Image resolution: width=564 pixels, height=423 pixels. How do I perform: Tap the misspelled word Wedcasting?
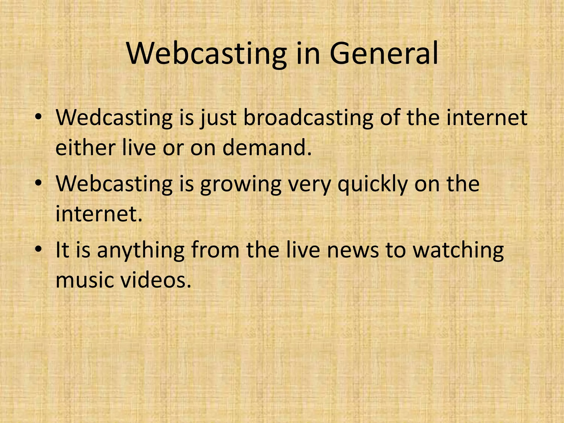(114, 118)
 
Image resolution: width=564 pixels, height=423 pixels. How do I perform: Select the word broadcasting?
(308, 118)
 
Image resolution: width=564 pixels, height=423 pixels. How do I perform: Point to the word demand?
(267, 147)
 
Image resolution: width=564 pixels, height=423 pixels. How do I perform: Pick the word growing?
(240, 184)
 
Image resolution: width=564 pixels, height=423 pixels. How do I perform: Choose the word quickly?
(372, 184)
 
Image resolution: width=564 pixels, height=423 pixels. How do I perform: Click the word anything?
(140, 250)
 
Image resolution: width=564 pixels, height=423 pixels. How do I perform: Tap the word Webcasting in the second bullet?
(114, 184)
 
